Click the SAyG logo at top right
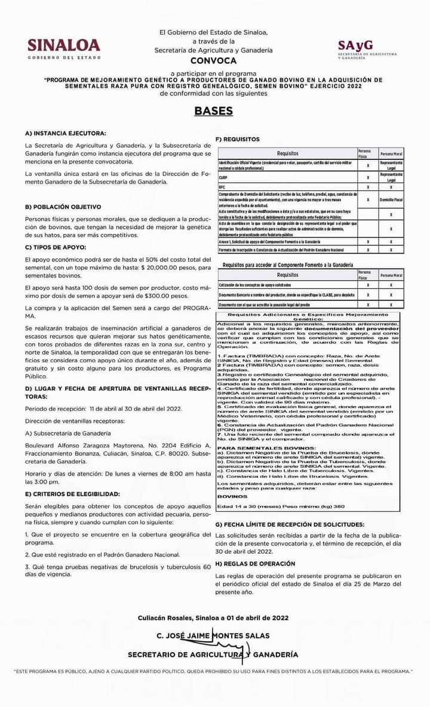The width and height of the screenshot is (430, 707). [x=366, y=49]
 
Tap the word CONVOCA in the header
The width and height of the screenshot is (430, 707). [x=213, y=61]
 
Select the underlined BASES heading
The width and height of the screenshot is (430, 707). [x=213, y=111]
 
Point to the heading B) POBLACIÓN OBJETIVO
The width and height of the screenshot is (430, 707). [x=63, y=206]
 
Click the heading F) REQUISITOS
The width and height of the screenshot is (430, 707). [x=237, y=139]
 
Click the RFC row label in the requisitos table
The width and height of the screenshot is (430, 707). [x=222, y=187]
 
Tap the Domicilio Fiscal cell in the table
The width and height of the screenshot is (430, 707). [x=391, y=199]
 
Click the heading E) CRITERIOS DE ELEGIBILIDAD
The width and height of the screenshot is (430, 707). [x=72, y=495]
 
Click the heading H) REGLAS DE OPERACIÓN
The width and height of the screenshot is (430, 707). [x=255, y=563]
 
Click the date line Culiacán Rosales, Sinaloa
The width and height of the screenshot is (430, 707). [x=213, y=618]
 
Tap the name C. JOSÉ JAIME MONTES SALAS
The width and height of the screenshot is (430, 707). [x=213, y=636]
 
